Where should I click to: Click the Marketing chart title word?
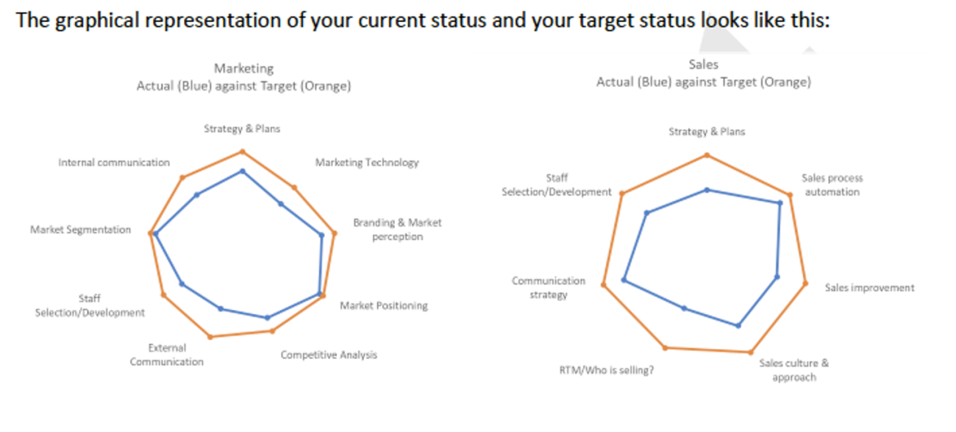pos(243,68)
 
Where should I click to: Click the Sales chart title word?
pos(703,65)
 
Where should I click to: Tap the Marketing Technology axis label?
pos(367,163)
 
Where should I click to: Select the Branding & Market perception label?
pos(397,230)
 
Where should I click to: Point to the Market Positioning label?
pos(384,305)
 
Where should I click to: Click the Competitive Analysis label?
pos(329,355)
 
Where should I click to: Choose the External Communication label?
pos(167,355)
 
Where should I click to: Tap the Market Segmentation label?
pos(80,230)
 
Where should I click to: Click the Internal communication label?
pos(114,163)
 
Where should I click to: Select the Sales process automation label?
pos(832,185)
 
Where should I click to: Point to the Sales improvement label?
pos(869,288)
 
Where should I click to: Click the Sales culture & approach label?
pos(793,370)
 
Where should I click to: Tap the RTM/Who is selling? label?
pos(607,370)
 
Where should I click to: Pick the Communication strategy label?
pos(549,288)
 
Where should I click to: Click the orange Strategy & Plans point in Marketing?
pos(243,152)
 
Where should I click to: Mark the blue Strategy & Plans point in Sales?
pos(707,190)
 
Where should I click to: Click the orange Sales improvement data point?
pos(805,283)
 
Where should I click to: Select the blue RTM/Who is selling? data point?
pos(684,308)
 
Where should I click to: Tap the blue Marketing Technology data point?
pos(281,204)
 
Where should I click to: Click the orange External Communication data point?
pos(210,337)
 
